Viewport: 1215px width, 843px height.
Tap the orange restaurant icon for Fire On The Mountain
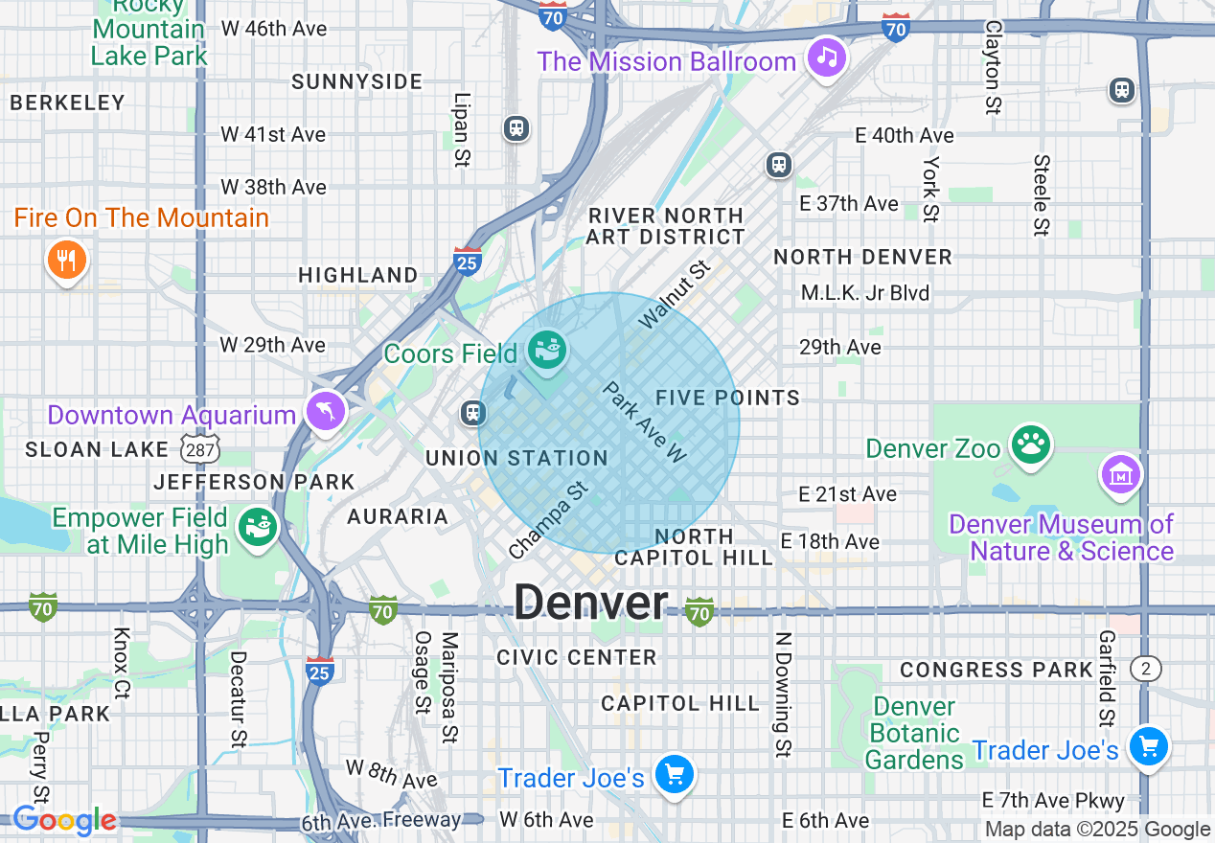(66, 259)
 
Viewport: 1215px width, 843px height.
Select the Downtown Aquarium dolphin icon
(326, 412)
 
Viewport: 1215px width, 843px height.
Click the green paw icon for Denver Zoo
(1031, 444)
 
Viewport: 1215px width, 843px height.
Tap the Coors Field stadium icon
(549, 351)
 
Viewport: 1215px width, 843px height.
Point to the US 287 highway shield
(200, 447)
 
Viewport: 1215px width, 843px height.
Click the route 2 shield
(1145, 669)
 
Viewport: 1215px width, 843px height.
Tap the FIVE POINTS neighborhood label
(728, 398)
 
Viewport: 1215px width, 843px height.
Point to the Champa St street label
(548, 521)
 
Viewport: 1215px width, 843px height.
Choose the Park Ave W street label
(645, 422)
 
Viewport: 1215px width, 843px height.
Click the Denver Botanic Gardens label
(915, 734)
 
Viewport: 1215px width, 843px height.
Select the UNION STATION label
(516, 458)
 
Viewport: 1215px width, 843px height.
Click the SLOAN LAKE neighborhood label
(84, 448)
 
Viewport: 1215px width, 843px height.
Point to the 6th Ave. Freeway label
(381, 821)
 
